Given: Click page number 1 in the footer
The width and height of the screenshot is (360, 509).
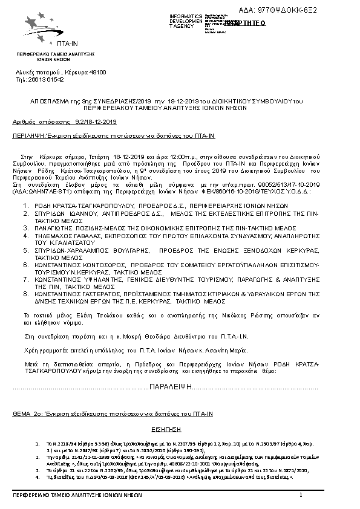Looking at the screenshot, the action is click(x=300, y=495).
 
